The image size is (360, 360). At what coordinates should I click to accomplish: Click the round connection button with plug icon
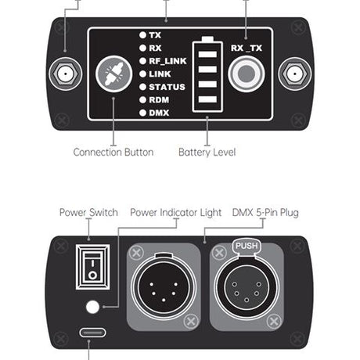113,74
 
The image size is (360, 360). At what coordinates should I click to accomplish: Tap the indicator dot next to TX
142,35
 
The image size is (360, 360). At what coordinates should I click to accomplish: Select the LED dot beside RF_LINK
142,61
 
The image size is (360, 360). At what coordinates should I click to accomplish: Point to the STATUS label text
167,87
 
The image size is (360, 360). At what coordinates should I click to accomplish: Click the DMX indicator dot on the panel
142,113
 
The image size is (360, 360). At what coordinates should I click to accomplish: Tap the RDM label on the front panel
159,100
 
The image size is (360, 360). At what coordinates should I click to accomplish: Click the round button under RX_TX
247,74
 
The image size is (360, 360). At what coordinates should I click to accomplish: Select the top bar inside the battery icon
207,54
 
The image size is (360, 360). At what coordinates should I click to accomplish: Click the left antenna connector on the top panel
65,74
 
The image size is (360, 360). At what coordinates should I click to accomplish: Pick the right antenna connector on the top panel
295,74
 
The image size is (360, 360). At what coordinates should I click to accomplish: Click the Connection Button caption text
113,152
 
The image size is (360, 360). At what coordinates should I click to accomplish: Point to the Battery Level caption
207,152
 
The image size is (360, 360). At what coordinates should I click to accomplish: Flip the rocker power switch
92,267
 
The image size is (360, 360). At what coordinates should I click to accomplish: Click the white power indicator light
92,307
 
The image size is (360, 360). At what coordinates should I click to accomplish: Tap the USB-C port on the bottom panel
92,333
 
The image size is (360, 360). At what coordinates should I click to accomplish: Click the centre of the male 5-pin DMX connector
164,287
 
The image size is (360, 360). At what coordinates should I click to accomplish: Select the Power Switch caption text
88,212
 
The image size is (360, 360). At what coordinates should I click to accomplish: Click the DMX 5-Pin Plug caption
265,213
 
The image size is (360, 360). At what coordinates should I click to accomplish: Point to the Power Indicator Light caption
176,213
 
